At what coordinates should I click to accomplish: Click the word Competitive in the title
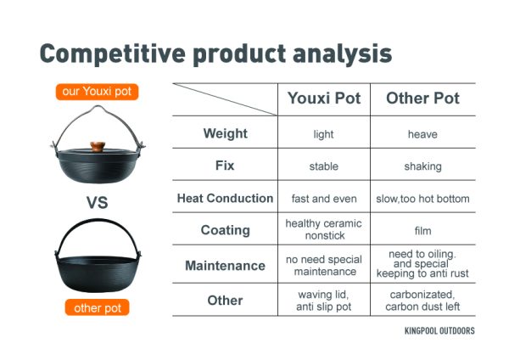pos(112,54)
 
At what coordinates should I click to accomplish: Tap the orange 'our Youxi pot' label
pos(97,92)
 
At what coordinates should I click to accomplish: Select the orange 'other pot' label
pos(97,307)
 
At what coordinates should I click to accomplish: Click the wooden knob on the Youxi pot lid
pos(98,147)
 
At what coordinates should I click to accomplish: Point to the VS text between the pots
pos(97,202)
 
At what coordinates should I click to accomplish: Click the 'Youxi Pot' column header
pos(324,98)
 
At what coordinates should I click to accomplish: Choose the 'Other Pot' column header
pos(422,98)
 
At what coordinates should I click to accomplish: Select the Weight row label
pos(226,133)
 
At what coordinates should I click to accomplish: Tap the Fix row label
pos(225,166)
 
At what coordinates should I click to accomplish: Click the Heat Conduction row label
pos(225,198)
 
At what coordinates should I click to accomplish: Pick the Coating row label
pos(226,230)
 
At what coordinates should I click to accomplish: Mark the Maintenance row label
pos(225,266)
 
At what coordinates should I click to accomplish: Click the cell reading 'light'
pos(324,134)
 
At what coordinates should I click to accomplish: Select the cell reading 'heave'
pos(422,134)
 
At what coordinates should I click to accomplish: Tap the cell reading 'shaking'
pos(422,166)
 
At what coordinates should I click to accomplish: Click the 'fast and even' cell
pos(324,199)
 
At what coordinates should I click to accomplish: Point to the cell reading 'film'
pos(422,231)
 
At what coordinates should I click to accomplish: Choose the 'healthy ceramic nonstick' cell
pos(324,229)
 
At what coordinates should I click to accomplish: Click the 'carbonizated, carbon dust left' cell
pos(422,301)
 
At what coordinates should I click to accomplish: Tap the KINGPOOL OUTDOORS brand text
pos(439,331)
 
